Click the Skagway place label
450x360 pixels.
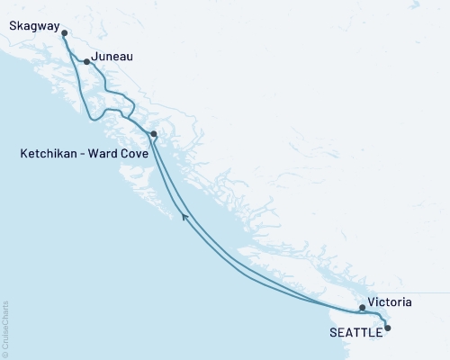(29, 15)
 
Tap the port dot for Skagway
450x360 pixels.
(64, 33)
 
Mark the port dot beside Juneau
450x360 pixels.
(86, 62)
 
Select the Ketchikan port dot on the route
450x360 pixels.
(154, 134)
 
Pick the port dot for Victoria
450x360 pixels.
(362, 308)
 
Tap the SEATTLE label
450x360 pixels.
(354, 329)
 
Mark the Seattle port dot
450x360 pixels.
(388, 328)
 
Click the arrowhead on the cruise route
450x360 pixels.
(184, 215)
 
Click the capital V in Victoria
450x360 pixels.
(372, 304)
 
